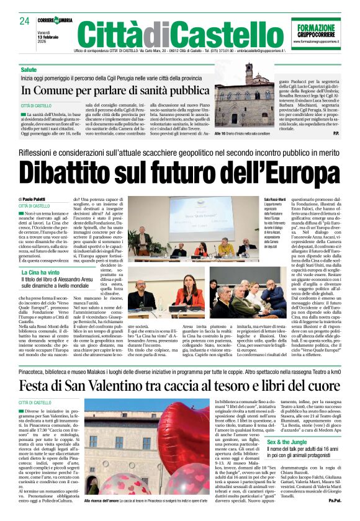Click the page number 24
coord(24,21)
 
